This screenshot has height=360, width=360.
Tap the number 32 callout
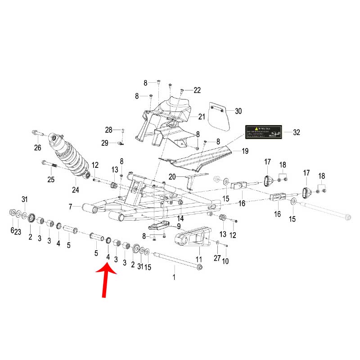(296, 132)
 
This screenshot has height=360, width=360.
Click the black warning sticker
(263, 132)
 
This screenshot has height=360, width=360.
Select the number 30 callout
(238, 111)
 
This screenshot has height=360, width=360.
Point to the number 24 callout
(75, 189)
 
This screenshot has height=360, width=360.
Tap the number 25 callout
(51, 180)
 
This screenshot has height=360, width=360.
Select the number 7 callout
(70, 207)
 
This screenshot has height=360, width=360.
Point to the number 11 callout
(198, 260)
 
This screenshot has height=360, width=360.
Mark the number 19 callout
(245, 151)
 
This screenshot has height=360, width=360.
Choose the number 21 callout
(201, 117)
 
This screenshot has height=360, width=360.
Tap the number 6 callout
(12, 230)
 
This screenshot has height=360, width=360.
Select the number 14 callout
(180, 218)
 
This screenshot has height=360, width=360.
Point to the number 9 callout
(178, 226)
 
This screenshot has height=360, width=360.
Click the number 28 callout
(108, 130)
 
